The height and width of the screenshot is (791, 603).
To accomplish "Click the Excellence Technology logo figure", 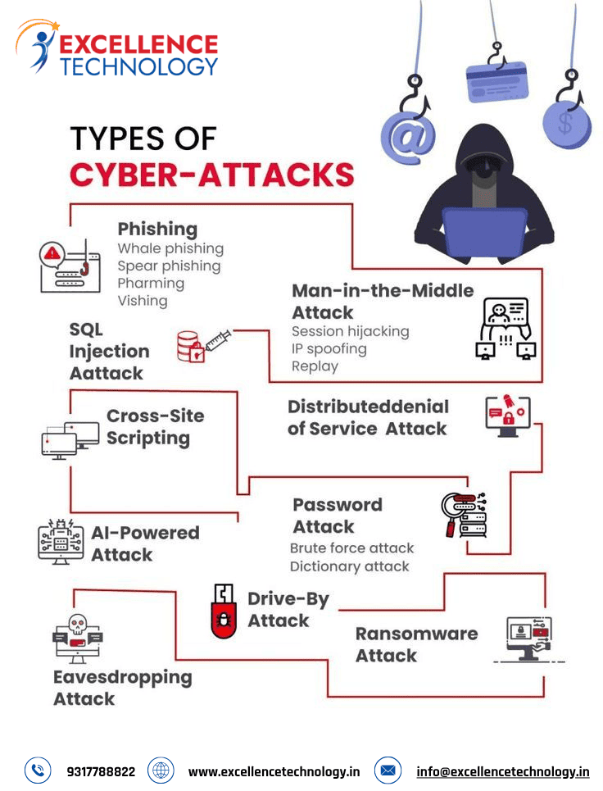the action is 39,47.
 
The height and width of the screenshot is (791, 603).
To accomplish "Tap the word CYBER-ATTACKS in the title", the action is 211,175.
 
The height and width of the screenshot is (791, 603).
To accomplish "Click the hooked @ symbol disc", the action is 408,137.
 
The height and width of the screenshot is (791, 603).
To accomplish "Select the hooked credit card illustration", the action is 497,80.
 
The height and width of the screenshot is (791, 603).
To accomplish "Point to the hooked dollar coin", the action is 566,124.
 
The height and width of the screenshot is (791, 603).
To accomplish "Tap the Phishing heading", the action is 157,229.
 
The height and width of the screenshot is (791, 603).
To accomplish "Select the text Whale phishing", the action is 170,248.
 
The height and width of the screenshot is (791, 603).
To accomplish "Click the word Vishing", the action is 143,301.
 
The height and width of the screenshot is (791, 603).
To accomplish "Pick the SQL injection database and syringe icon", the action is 204,346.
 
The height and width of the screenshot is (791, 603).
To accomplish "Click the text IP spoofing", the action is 329,349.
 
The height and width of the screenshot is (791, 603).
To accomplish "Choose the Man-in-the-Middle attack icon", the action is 506,328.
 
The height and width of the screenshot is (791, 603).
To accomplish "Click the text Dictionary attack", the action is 349,566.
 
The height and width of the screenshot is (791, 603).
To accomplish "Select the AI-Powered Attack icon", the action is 61,541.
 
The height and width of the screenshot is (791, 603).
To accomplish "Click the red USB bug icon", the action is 224,611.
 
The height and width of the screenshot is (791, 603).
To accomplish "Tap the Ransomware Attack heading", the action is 416,644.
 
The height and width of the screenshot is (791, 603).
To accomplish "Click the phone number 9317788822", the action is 101,772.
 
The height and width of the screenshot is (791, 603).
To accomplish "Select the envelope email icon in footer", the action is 388,771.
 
